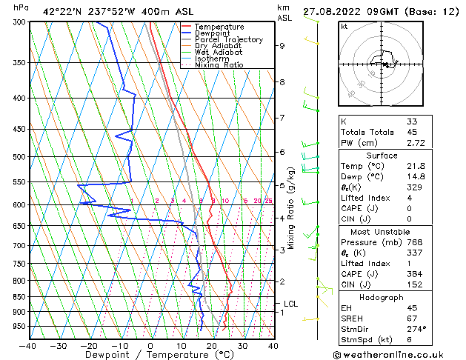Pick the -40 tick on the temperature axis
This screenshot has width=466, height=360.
click(28, 346)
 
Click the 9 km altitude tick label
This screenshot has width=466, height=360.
click(282, 46)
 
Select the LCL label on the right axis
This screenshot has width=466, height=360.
click(291, 304)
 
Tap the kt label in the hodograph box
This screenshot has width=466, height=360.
click(344, 26)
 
